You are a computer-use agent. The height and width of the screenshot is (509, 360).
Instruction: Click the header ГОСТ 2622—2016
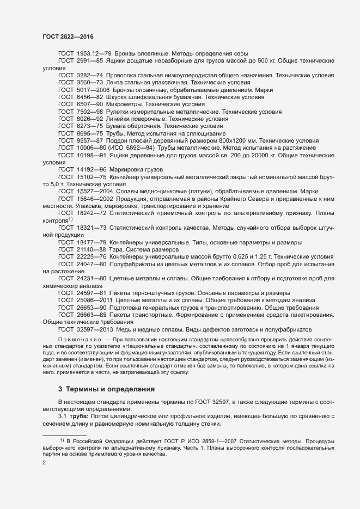68,36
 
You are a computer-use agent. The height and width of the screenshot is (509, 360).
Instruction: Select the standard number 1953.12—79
94,53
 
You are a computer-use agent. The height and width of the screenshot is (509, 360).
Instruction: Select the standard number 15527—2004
95,192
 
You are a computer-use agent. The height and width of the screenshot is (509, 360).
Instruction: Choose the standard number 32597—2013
95,330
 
